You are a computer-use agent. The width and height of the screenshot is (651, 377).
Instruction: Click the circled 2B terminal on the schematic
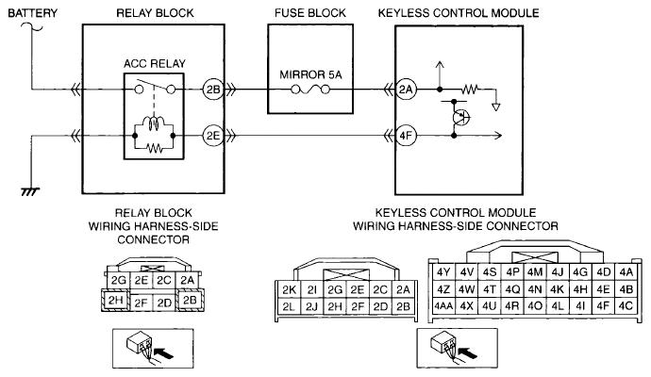pyautogui.click(x=211, y=90)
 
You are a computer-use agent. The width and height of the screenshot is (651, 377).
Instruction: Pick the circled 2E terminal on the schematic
pyautogui.click(x=211, y=135)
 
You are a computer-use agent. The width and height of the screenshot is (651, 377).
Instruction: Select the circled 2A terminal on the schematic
pyautogui.click(x=407, y=90)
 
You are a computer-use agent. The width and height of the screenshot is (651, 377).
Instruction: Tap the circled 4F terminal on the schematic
pyautogui.click(x=407, y=135)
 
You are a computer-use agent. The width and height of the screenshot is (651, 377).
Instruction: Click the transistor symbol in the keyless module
pyautogui.click(x=460, y=117)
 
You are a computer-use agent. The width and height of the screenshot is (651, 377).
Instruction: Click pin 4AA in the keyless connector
pyautogui.click(x=443, y=306)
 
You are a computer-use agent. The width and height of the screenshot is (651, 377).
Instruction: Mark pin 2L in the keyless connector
pyautogui.click(x=290, y=306)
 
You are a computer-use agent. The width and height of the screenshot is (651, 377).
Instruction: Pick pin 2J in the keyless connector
pyautogui.click(x=312, y=306)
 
